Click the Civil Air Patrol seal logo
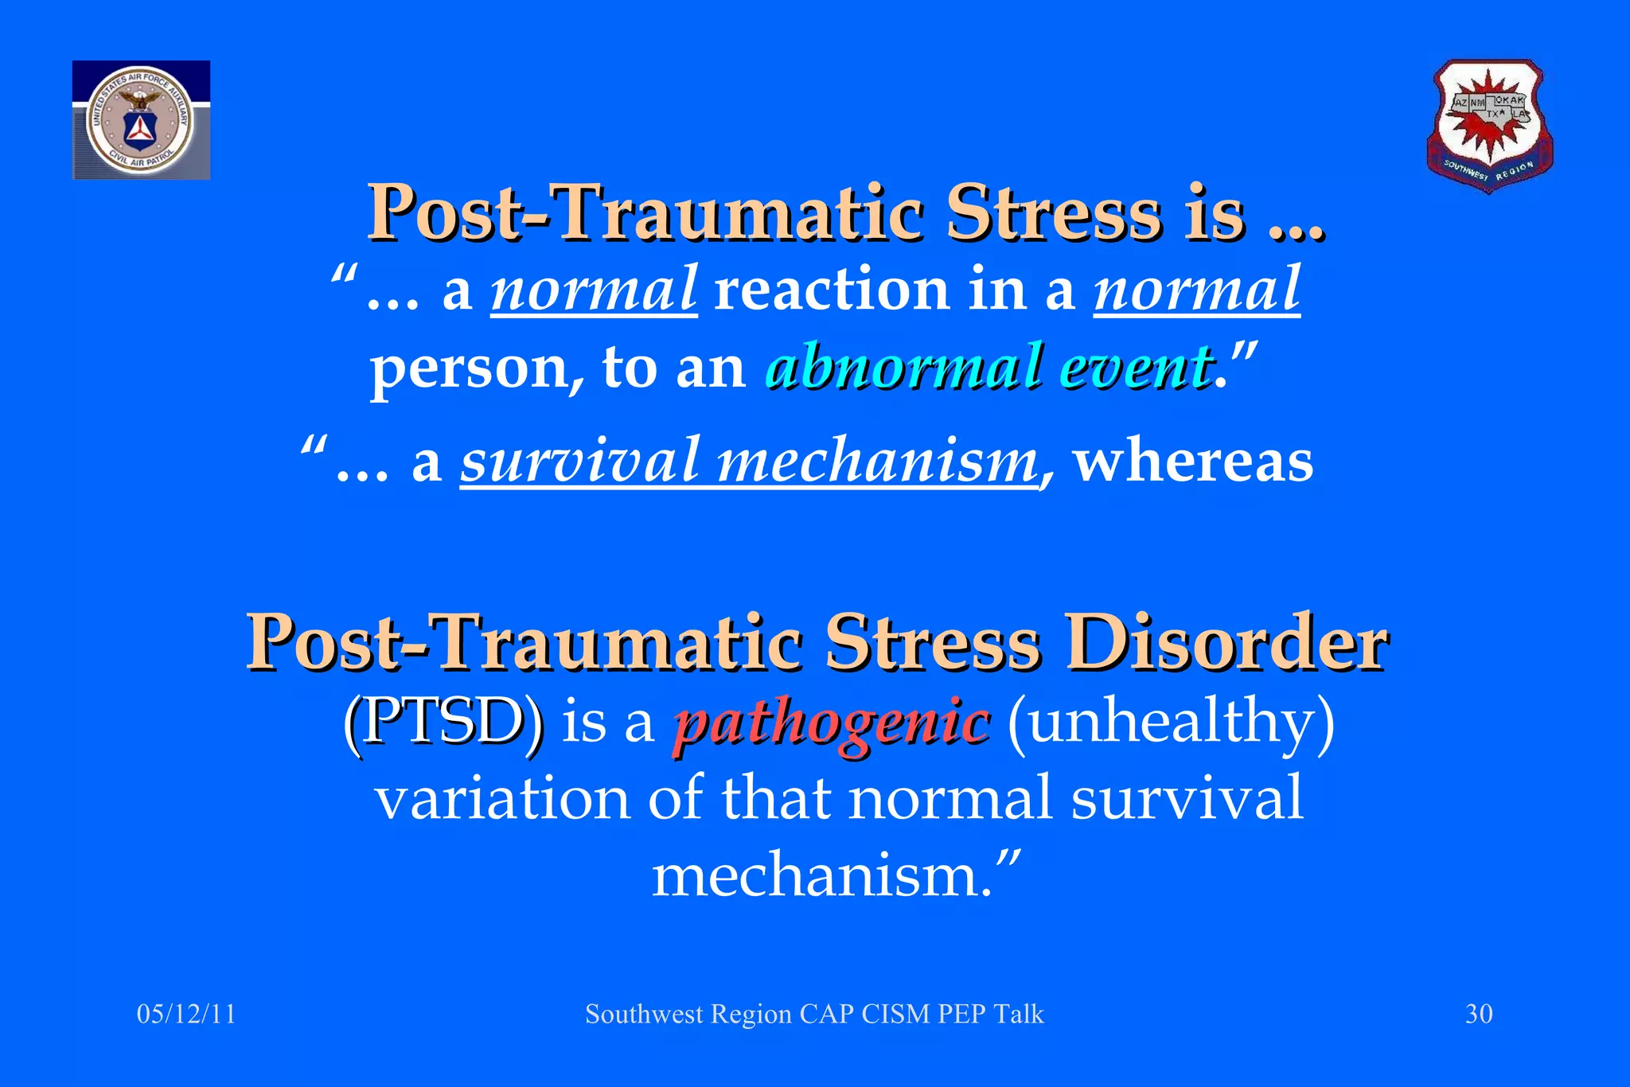pyautogui.click(x=141, y=120)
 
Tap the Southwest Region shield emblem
pyautogui.click(x=1489, y=126)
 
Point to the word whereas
pyautogui.click(x=1193, y=462)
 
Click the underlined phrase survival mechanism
pyautogui.click(x=750, y=462)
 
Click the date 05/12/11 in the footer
pyautogui.click(x=186, y=1014)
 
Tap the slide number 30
pyautogui.click(x=1479, y=1014)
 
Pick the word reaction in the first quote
pyautogui.click(x=832, y=290)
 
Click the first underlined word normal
pyautogui.click(x=594, y=290)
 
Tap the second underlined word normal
pyautogui.click(x=1196, y=290)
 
